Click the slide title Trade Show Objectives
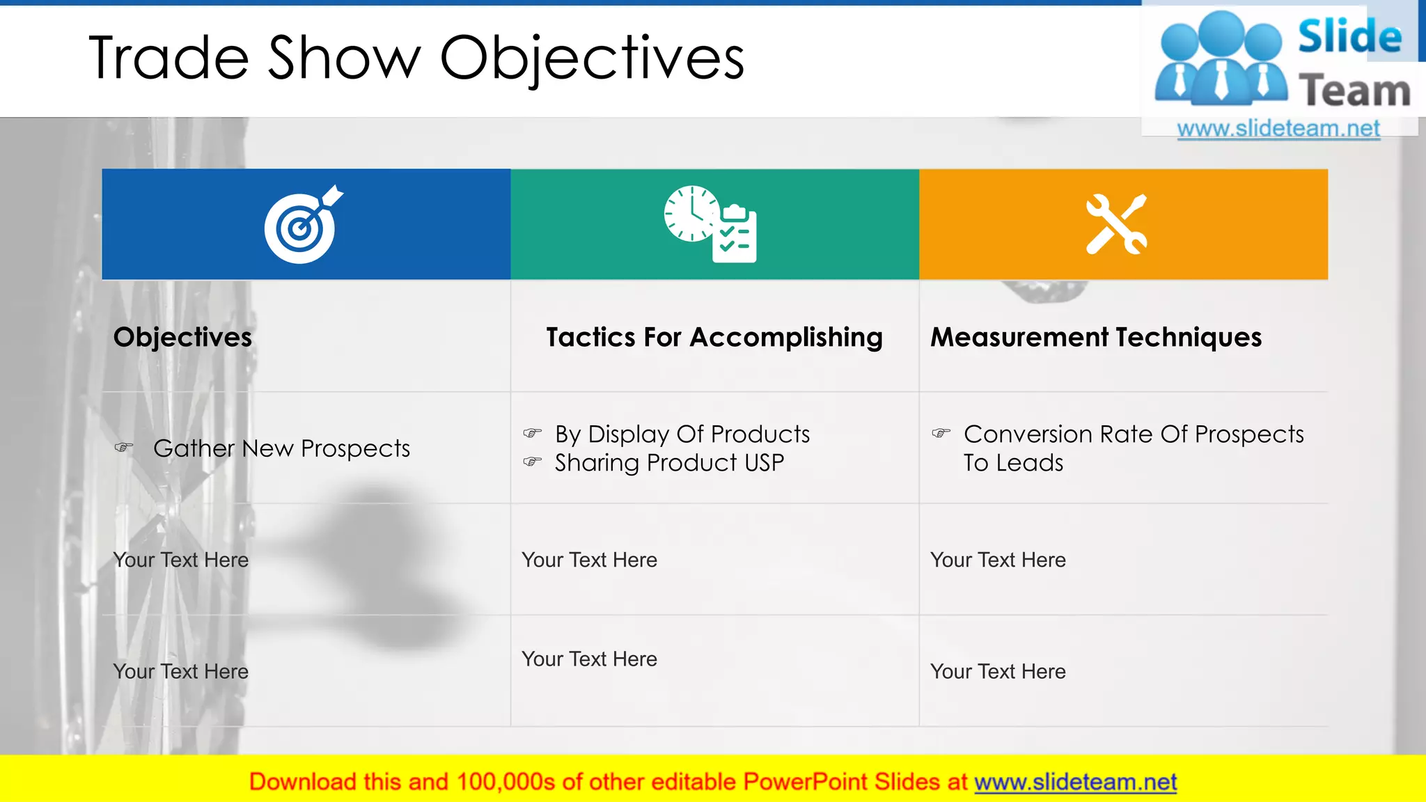416,58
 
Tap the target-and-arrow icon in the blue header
302,225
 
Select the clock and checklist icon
710,224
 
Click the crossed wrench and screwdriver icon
1116,224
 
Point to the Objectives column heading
182,338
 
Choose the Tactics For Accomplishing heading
714,338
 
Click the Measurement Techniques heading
1096,338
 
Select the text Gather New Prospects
281,448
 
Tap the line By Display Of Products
682,434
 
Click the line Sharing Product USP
669,463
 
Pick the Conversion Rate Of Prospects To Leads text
1133,448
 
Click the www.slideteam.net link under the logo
1278,129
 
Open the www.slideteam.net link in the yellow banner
1075,783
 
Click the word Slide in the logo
1349,36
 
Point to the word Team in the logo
1354,91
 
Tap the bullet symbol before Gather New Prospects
123,448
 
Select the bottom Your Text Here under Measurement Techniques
998,672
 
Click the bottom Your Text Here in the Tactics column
589,659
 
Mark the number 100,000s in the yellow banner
506,783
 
